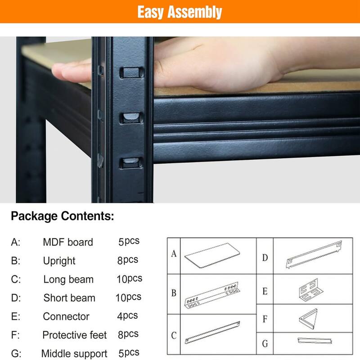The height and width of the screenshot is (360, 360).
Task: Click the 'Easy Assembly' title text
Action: coord(180,12)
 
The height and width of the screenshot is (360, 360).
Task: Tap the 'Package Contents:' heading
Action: coord(63,216)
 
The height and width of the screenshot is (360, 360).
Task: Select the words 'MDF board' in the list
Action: coord(68,242)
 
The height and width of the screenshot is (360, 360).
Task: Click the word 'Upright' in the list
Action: coord(59,261)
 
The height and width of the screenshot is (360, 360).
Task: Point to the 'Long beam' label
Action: coord(68,279)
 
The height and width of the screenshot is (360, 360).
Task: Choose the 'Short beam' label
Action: coord(69,297)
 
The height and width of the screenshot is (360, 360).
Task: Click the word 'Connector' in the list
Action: coord(66,316)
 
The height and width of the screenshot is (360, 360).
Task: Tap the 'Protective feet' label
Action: coord(75,335)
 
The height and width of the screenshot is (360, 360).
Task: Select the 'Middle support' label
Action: coord(74,354)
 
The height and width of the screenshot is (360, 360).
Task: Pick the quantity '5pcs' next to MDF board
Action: coord(129,241)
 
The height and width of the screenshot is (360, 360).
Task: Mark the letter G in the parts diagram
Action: coord(265,344)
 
